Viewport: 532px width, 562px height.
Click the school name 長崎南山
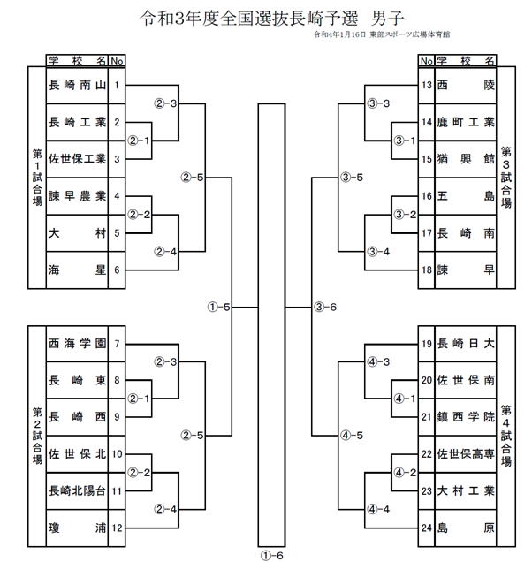pos(78,86)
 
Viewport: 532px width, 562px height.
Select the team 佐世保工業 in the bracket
pos(78,159)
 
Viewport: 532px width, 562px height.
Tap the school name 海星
pos(78,270)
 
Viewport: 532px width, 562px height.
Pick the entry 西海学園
pos(78,344)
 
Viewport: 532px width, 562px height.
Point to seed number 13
pos(427,86)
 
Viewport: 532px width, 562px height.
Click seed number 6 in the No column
pos(117,270)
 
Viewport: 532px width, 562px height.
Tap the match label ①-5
pos(218,307)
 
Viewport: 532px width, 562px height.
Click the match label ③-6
pos(324,307)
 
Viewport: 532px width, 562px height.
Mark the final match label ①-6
pos(271,554)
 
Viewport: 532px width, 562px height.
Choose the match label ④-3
pos(378,361)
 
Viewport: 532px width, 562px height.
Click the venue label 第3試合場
pos(505,178)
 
